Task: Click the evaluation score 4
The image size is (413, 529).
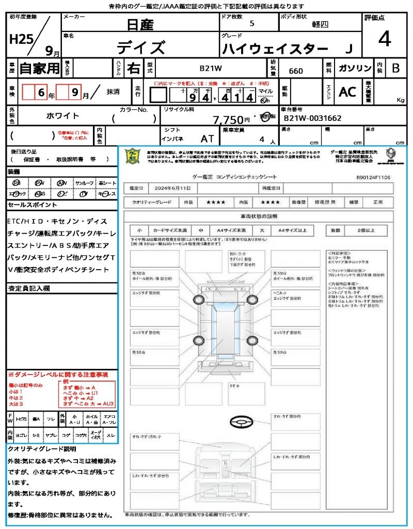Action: pyautogui.click(x=384, y=39)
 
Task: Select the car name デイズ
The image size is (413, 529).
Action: pyautogui.click(x=140, y=48)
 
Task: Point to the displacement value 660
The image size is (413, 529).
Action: pyautogui.click(x=296, y=71)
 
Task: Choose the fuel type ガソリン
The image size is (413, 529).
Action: pyautogui.click(x=354, y=68)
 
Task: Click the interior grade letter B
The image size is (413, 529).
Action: pyautogui.click(x=395, y=68)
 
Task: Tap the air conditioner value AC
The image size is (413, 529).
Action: pyautogui.click(x=347, y=92)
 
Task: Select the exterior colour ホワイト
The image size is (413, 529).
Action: pyautogui.click(x=63, y=116)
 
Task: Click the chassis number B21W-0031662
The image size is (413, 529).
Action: pyautogui.click(x=312, y=118)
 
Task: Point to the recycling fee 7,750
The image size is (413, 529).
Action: pyautogui.click(x=228, y=120)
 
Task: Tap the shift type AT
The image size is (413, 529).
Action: pyautogui.click(x=208, y=139)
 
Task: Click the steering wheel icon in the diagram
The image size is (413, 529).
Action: pyautogui.click(x=242, y=423)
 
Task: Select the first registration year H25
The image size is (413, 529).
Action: pyautogui.click(x=20, y=40)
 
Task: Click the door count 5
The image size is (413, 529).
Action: pyautogui.click(x=251, y=24)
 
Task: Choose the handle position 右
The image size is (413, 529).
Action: pyautogui.click(x=134, y=68)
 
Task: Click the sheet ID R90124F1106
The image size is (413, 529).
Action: pyautogui.click(x=373, y=177)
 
